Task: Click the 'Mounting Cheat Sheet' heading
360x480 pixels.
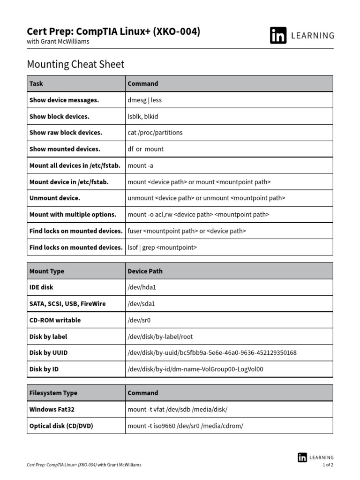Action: point(75,64)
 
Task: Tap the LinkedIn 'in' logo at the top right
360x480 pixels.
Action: point(278,36)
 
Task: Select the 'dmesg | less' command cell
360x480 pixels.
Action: point(144,100)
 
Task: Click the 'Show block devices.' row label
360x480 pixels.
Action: point(60,116)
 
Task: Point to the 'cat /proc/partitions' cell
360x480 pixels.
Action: point(155,133)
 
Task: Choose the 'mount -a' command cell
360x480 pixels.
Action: point(140,165)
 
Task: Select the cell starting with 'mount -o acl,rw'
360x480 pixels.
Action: point(198,214)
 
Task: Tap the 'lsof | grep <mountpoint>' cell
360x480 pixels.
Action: point(162,247)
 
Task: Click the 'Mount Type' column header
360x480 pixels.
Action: point(47,271)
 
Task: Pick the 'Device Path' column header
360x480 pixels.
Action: point(145,271)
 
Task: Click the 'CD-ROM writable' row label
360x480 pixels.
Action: point(55,320)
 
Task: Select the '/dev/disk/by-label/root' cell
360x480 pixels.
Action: point(160,337)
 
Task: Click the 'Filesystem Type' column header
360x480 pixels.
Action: point(53,393)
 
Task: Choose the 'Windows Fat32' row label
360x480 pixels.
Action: point(52,409)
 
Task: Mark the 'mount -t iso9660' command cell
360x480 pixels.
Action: point(185,426)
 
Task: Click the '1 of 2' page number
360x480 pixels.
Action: point(328,465)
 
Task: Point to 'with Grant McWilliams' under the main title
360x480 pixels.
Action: point(58,41)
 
